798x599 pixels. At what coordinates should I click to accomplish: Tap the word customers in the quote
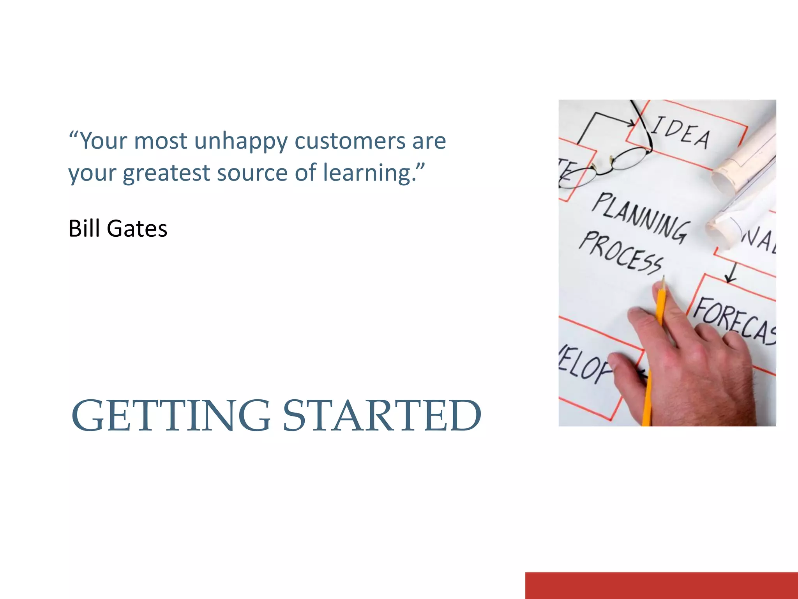(x=350, y=141)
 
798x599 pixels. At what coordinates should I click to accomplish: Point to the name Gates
(x=137, y=229)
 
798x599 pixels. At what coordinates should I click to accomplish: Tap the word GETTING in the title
(x=170, y=416)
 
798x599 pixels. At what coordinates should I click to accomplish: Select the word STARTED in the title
(x=382, y=416)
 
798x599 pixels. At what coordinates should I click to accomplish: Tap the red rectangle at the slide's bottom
(x=661, y=585)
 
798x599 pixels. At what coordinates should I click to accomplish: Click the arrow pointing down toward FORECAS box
(x=731, y=273)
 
